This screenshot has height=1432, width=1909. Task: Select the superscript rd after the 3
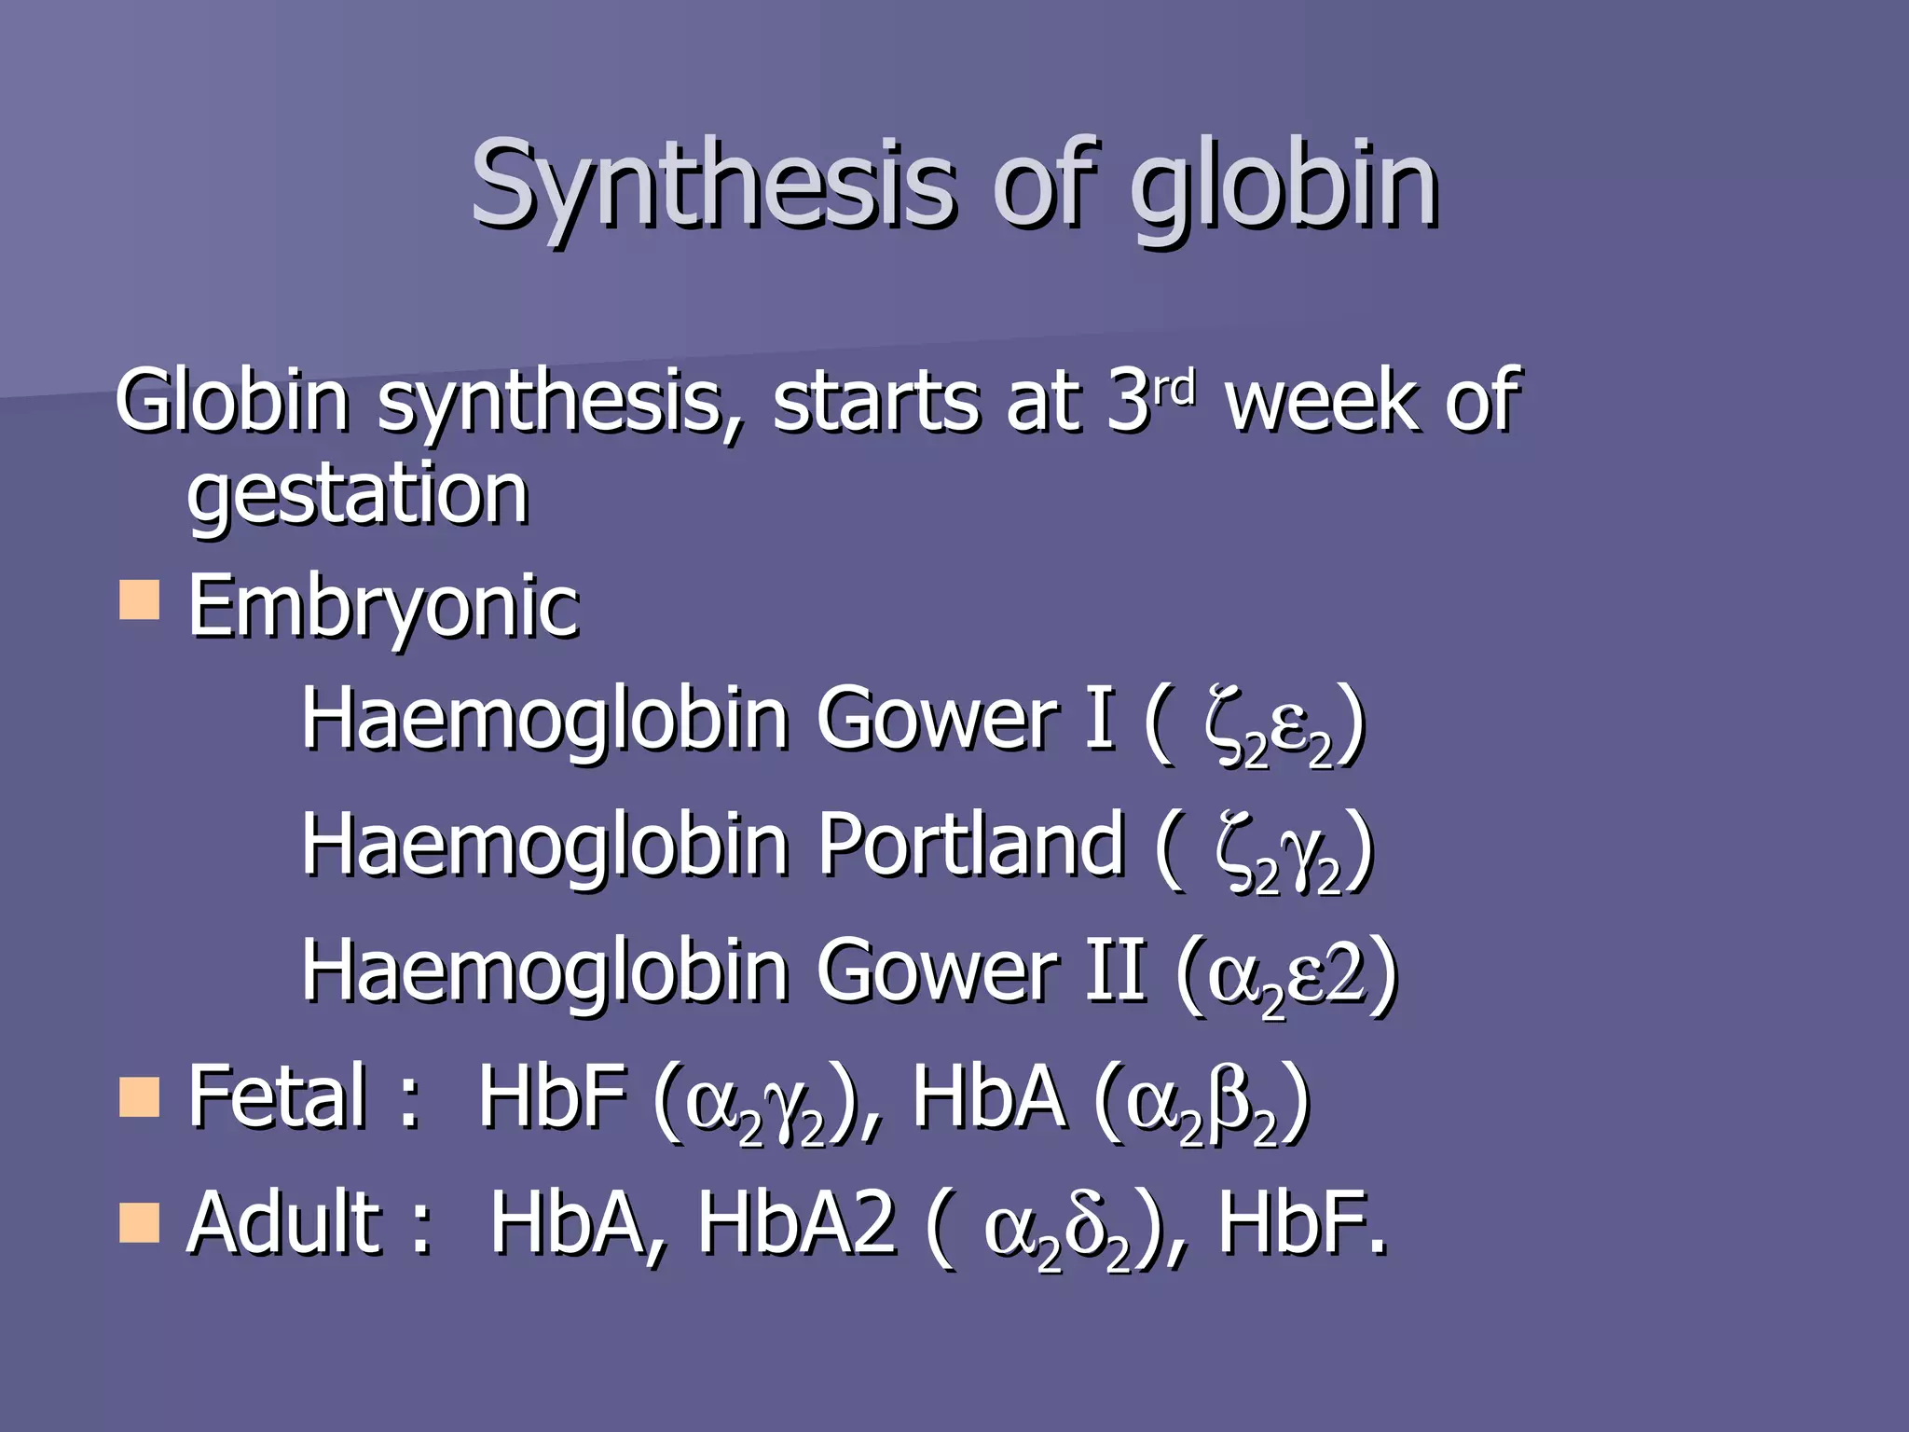pos(1174,386)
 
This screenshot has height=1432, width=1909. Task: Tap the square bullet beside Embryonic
pos(140,599)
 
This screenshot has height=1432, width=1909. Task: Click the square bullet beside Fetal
pos(140,1096)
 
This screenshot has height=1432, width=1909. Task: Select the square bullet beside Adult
pos(140,1223)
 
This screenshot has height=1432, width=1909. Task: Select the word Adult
pos(284,1223)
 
